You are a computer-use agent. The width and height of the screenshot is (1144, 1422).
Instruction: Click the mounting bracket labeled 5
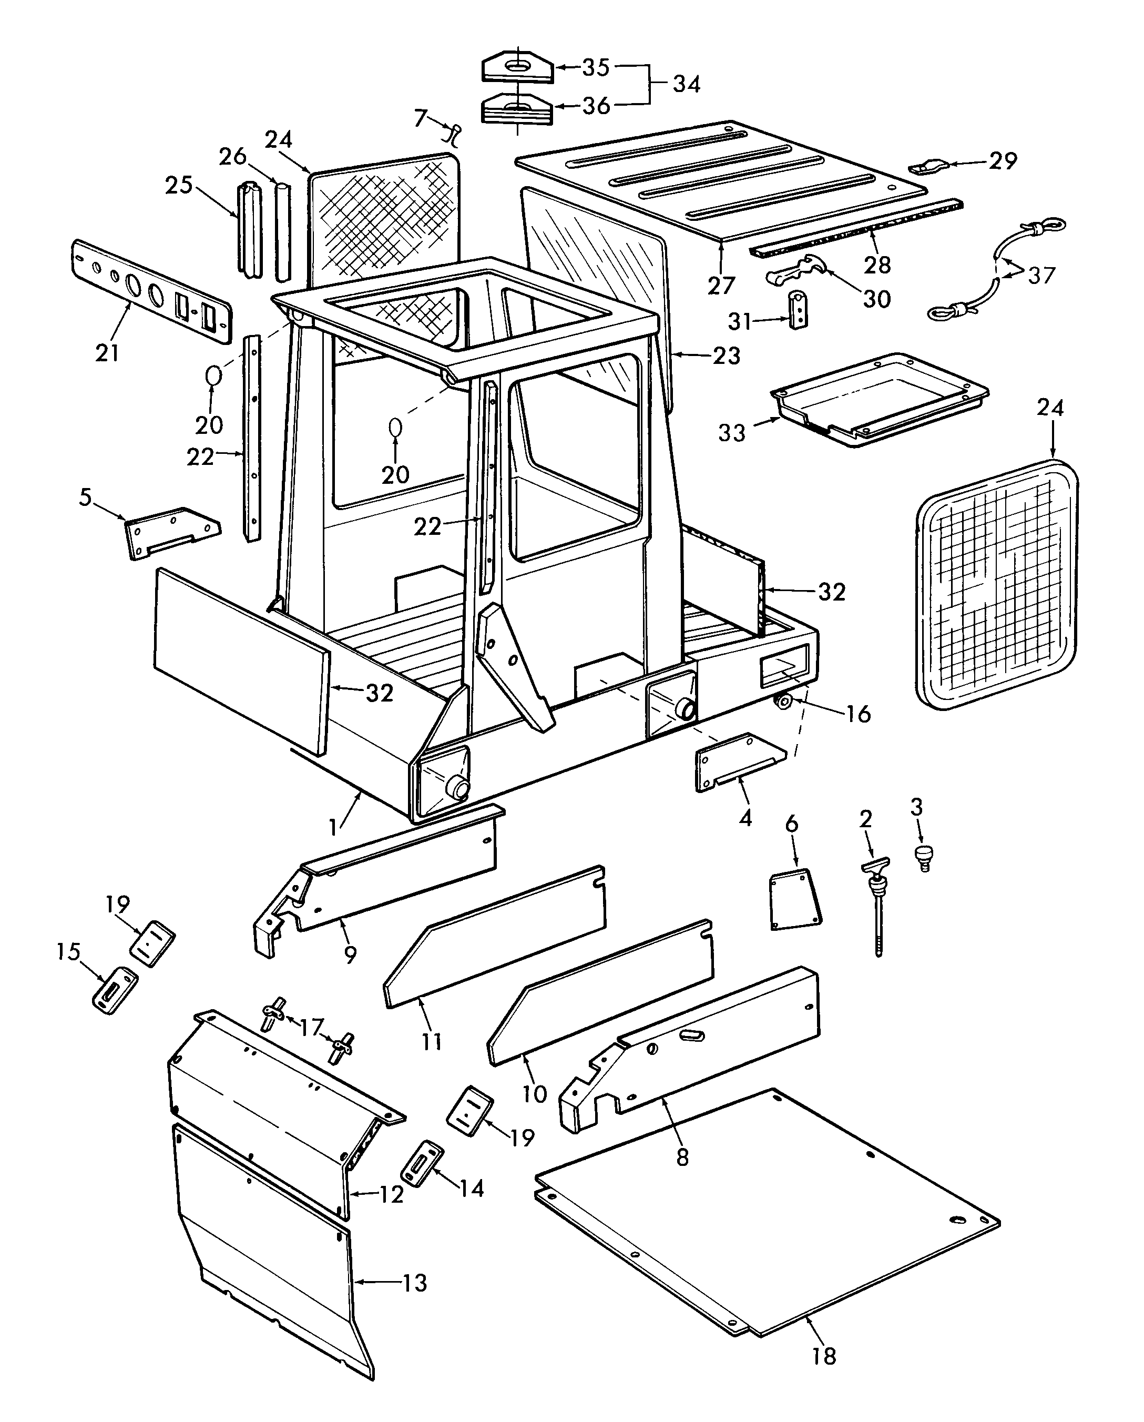pyautogui.click(x=173, y=532)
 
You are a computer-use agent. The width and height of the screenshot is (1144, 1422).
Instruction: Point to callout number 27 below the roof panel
pyautogui.click(x=721, y=285)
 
